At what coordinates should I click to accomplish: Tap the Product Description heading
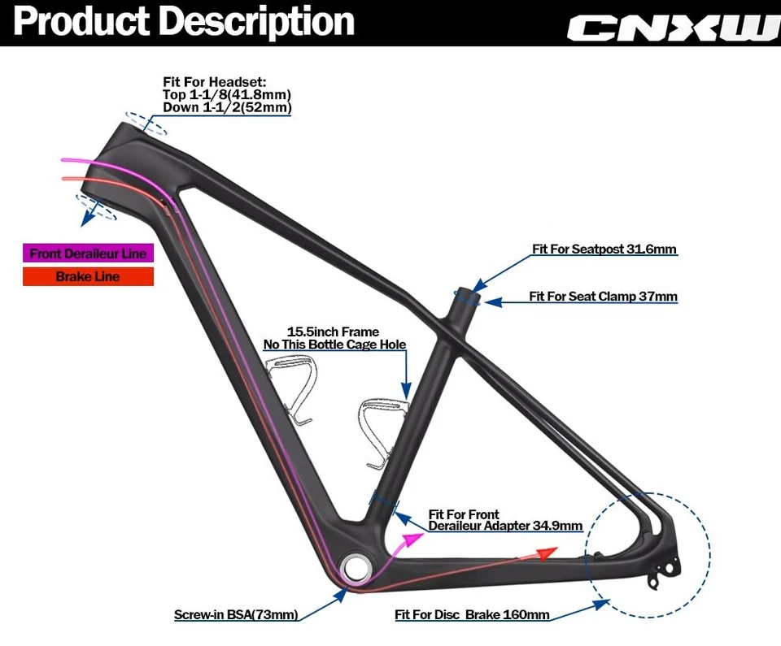tap(184, 22)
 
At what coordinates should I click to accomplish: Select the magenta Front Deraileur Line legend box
tap(88, 254)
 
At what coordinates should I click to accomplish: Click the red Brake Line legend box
tap(88, 277)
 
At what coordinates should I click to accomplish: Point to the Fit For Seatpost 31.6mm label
tap(604, 249)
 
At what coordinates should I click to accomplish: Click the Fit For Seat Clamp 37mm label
tap(603, 297)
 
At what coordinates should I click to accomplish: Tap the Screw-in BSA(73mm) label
tap(236, 614)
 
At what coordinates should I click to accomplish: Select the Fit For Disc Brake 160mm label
tap(472, 615)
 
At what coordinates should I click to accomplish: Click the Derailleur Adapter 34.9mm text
tap(505, 526)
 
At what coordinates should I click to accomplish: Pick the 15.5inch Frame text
tap(333, 332)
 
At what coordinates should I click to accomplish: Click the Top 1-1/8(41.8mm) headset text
tap(227, 95)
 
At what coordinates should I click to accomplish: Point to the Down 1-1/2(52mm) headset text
tap(227, 107)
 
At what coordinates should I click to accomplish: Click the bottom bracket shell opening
tap(356, 567)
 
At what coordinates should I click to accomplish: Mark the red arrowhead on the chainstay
tap(547, 552)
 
